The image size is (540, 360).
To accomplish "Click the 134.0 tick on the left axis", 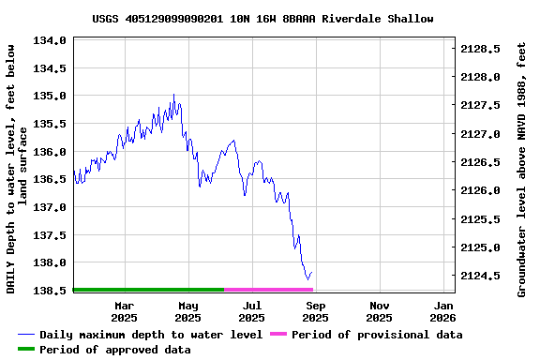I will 49,40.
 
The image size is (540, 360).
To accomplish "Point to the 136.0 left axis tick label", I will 49,152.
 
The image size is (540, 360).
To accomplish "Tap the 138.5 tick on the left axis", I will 49,291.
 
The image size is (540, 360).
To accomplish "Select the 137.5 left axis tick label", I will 49,235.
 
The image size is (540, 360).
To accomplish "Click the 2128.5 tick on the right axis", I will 485,49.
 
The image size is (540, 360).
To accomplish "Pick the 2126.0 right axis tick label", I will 485,190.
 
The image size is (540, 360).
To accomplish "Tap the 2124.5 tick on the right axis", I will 485,276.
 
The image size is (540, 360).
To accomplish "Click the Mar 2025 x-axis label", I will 125,311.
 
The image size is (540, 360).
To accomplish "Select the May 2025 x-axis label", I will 188,311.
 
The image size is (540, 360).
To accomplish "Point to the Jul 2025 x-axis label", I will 252,311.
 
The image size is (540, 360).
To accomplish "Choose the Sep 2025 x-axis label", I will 316,311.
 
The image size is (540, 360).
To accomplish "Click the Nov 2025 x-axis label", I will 380,311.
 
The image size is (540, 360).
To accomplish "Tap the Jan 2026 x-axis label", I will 443,311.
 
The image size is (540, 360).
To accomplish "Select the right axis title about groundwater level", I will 522,168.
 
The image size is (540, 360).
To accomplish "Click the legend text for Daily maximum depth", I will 151,335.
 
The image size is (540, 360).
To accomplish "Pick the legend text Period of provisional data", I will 377,335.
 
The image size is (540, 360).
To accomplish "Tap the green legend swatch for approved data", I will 26,350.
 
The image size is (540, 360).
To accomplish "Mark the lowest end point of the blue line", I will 307,278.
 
